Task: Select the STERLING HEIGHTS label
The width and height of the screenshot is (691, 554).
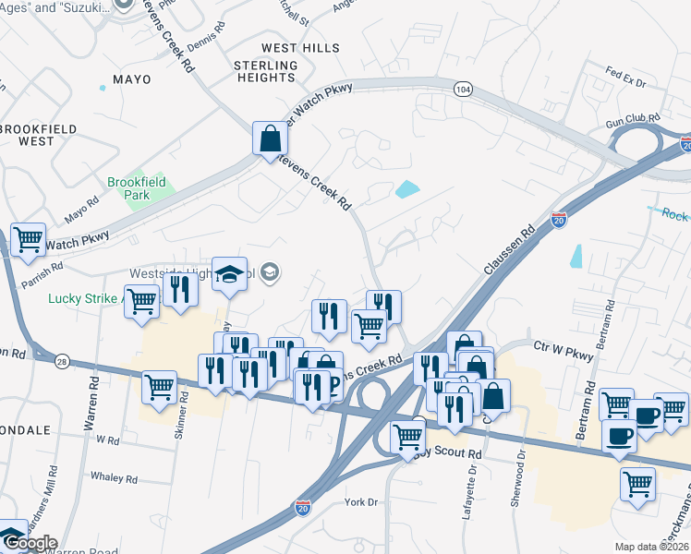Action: (266, 72)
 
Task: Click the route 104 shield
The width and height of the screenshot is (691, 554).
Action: (464, 89)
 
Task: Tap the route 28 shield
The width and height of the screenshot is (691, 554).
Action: (62, 360)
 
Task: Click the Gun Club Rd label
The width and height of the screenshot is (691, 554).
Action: (633, 122)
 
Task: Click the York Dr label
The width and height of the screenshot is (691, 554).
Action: (361, 502)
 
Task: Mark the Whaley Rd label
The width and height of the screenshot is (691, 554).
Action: (114, 478)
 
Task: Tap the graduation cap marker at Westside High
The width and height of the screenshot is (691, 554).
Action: (229, 273)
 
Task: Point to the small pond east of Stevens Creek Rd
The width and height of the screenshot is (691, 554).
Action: (406, 190)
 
